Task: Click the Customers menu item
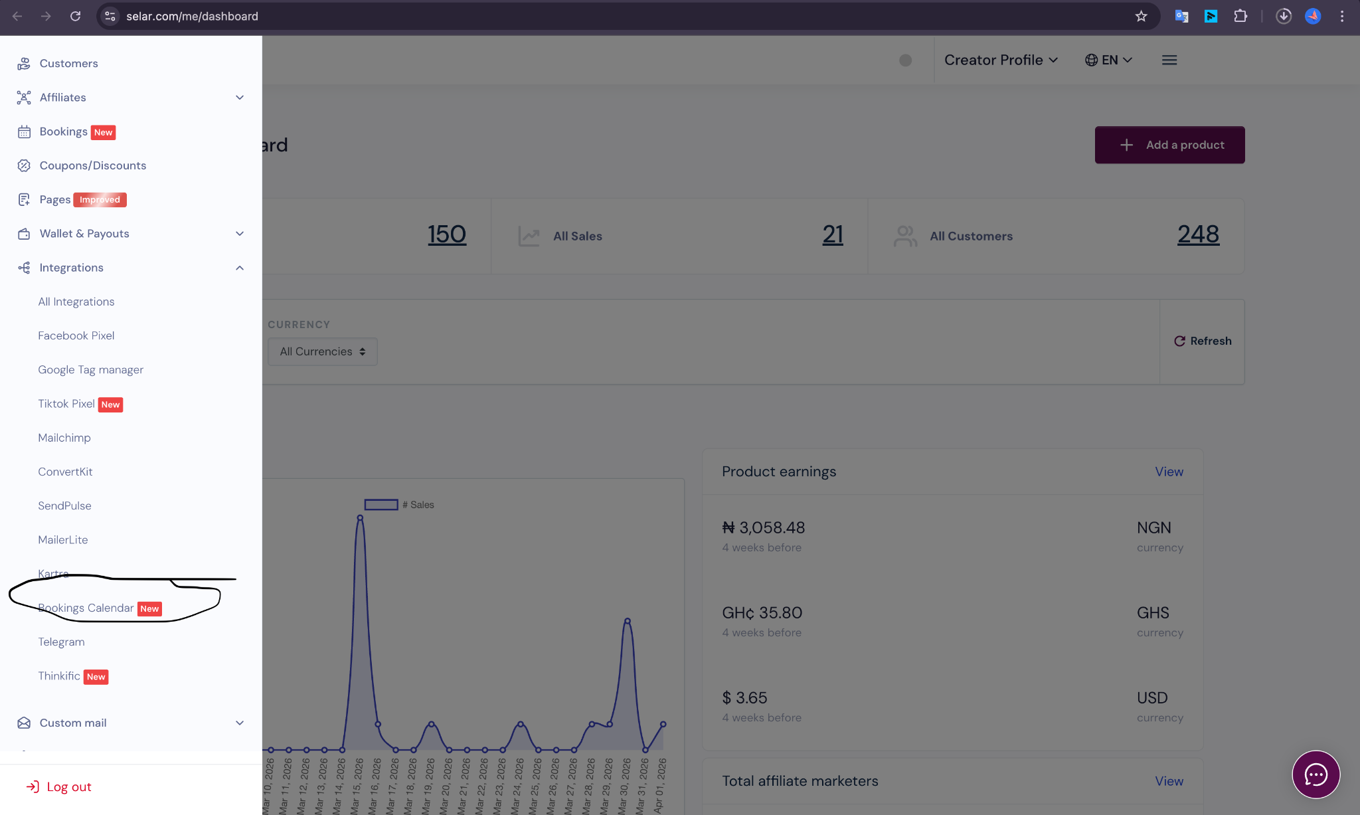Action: pyautogui.click(x=68, y=63)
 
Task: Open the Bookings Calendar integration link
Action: pyautogui.click(x=86, y=608)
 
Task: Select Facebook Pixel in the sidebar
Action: pyautogui.click(x=76, y=335)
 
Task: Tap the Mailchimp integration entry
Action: pyautogui.click(x=64, y=438)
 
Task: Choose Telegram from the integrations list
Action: pyautogui.click(x=61, y=642)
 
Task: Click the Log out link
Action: pyautogui.click(x=68, y=786)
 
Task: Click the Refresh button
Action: pyautogui.click(x=1203, y=341)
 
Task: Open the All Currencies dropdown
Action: pyautogui.click(x=323, y=351)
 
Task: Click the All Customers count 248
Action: pyautogui.click(x=1198, y=234)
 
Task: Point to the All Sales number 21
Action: pyautogui.click(x=832, y=234)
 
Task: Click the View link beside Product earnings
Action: pyautogui.click(x=1169, y=472)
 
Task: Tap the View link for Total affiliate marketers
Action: pyautogui.click(x=1169, y=781)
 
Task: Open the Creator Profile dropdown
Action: pyautogui.click(x=1001, y=60)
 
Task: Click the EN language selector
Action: pyautogui.click(x=1108, y=60)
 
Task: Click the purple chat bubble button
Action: pyautogui.click(x=1316, y=774)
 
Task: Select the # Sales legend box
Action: pyautogui.click(x=381, y=505)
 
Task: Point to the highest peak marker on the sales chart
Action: pyautogui.click(x=360, y=517)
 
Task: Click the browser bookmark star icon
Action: pyautogui.click(x=1141, y=16)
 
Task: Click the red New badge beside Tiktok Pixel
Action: pyautogui.click(x=110, y=405)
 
